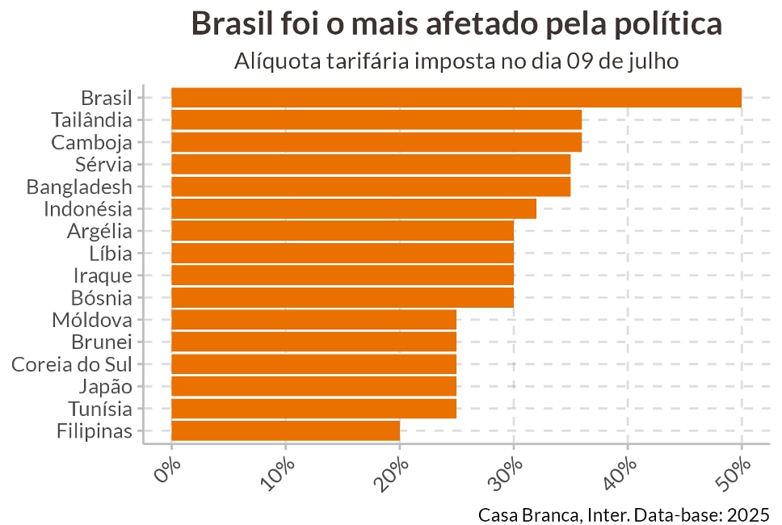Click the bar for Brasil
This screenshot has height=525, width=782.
point(456,98)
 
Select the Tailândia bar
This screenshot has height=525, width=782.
point(376,120)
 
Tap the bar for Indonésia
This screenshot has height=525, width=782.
point(354,208)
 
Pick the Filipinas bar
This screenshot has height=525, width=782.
point(285,430)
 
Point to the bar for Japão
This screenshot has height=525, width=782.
point(313,386)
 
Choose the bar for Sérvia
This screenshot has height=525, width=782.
point(371,164)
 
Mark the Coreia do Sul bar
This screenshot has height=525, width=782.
point(313,363)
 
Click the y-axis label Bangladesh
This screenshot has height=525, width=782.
point(79,187)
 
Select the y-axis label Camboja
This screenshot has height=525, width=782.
point(91,142)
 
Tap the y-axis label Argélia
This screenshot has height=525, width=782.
point(99,231)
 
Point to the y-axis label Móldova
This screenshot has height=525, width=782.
point(91,320)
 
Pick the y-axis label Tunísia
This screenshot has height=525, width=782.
point(99,409)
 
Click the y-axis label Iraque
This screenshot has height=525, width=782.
point(103,275)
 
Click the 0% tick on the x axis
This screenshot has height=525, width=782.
point(168,471)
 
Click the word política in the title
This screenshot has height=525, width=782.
point(665,24)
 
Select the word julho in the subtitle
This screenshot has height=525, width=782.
point(654,61)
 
